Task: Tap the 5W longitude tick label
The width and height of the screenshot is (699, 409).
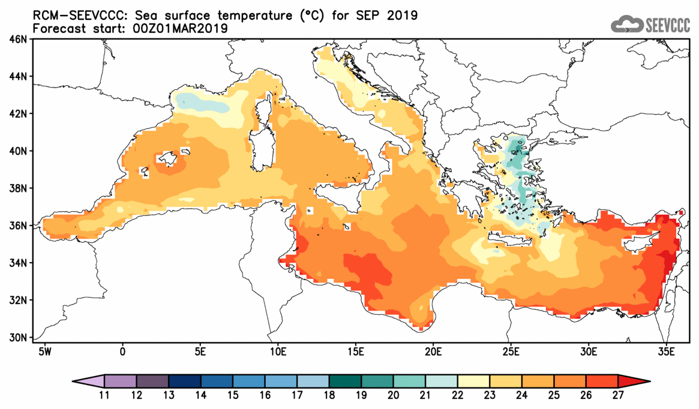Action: click(44, 350)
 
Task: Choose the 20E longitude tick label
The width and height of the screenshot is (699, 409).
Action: click(433, 350)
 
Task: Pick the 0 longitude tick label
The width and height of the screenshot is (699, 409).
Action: click(122, 350)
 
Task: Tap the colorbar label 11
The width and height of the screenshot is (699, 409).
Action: click(104, 396)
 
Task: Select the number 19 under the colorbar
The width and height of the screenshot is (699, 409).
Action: click(362, 396)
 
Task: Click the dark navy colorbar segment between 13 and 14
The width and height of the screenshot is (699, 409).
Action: click(185, 381)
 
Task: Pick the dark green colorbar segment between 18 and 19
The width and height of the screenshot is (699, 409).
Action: click(346, 381)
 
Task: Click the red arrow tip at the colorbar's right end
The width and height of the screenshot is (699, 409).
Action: click(641, 381)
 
